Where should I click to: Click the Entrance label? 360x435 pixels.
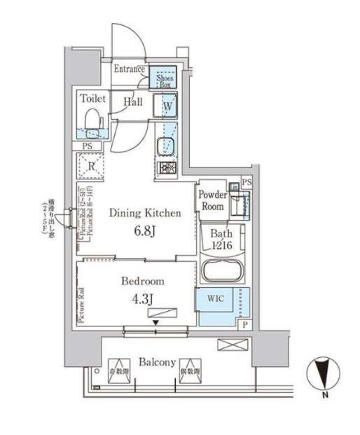tap(130, 69)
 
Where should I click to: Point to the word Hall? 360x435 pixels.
tap(133, 102)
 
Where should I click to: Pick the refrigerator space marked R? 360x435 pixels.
tap(92, 167)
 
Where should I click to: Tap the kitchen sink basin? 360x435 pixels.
tap(167, 145)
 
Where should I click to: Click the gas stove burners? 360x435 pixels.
tap(167, 168)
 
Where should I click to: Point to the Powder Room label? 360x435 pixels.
tap(212, 200)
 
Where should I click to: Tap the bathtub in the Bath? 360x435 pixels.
tap(221, 270)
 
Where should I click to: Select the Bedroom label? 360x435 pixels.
tap(143, 281)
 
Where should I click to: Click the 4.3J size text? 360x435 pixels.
tap(143, 297)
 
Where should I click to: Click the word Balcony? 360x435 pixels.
tap(156, 362)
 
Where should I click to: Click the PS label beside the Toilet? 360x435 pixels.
tap(88, 146)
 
